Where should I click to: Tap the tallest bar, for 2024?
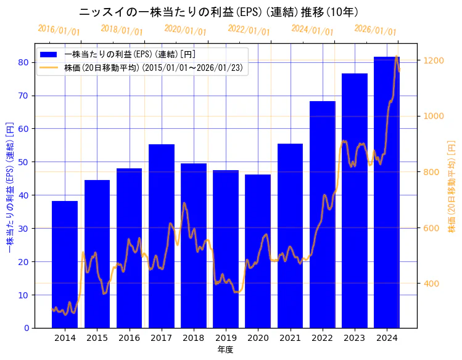click(x=387, y=192)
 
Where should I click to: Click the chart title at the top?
click(x=220, y=12)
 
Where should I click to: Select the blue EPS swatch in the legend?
click(x=50, y=54)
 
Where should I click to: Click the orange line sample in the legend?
click(x=50, y=67)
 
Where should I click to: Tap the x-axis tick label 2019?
click(x=226, y=338)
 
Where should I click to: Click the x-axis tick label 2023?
click(x=355, y=338)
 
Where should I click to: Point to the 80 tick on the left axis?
click(x=24, y=62)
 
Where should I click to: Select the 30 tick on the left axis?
click(x=24, y=228)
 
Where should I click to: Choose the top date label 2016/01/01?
click(x=59, y=30)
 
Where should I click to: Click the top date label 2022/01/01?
click(x=249, y=30)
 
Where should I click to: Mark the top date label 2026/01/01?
click(x=375, y=30)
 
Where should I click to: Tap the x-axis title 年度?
click(x=225, y=350)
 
